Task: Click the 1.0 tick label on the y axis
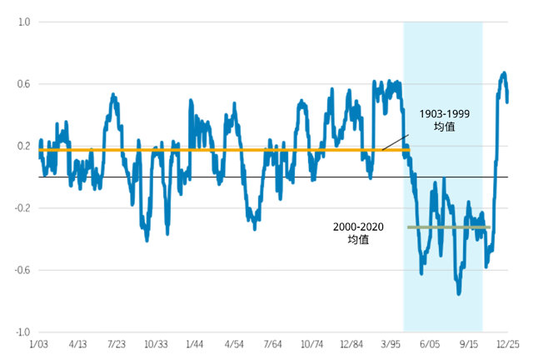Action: (x=24, y=22)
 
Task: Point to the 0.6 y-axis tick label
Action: (x=24, y=84)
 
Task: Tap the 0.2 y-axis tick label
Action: (x=24, y=146)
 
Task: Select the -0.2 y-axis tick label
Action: (x=22, y=207)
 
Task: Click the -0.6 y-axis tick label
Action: (x=22, y=270)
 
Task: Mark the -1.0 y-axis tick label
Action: (x=22, y=332)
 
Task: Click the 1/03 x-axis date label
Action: (x=39, y=344)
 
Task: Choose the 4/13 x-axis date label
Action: (x=77, y=344)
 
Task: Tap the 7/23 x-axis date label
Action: (x=117, y=344)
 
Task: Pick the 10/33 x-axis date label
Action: (x=156, y=344)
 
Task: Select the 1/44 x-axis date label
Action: (x=195, y=344)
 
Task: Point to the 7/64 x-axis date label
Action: (x=273, y=344)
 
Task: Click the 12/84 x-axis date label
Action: (x=351, y=344)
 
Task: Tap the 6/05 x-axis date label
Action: (x=430, y=344)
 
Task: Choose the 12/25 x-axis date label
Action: (x=508, y=344)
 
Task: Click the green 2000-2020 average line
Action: (x=449, y=227)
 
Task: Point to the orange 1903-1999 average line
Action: (x=224, y=150)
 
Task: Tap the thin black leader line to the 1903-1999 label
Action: (x=396, y=142)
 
